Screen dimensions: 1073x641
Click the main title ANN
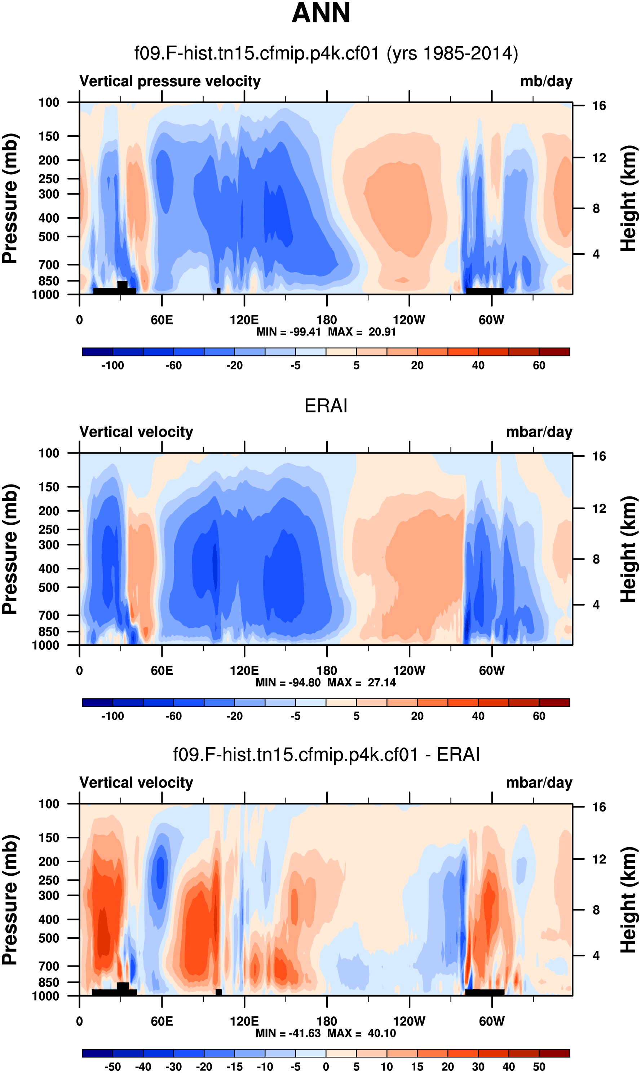coord(320,13)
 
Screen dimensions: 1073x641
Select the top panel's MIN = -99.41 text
coord(288,332)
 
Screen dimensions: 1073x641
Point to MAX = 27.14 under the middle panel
coord(362,682)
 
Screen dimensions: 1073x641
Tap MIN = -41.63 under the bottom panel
coord(288,1033)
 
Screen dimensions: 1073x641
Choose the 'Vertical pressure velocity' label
coord(170,81)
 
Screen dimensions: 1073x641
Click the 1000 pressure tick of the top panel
coord(45,295)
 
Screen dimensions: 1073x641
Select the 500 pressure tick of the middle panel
coord(48,587)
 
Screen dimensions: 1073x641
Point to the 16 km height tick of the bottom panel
coord(599,807)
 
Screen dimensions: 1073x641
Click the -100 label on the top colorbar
coord(112,365)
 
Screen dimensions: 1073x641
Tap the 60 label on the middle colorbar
coord(539,716)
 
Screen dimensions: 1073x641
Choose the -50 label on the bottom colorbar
coord(112,1067)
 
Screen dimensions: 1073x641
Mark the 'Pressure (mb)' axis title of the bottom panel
coord(9,900)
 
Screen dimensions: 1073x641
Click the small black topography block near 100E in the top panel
coord(218,291)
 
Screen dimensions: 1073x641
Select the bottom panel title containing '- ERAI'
coord(326,754)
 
